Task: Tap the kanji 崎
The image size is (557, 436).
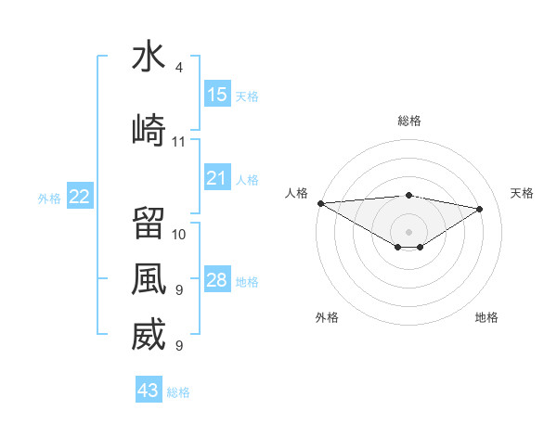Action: (x=149, y=130)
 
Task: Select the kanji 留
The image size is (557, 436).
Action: (x=149, y=223)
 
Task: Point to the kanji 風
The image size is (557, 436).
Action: (x=149, y=279)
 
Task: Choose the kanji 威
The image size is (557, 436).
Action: (x=149, y=335)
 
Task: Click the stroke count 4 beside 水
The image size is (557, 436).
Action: (x=178, y=68)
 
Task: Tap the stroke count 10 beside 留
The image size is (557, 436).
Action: (x=179, y=234)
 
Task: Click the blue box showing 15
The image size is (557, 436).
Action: (x=217, y=95)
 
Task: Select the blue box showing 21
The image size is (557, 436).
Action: (x=217, y=178)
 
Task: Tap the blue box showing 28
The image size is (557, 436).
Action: (x=217, y=280)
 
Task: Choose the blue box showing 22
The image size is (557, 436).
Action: (x=80, y=197)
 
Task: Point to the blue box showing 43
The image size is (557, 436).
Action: (x=149, y=391)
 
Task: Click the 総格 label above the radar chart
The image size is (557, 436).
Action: (x=408, y=122)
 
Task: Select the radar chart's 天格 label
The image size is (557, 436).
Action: (x=523, y=193)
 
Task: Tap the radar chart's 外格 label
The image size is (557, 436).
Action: (x=327, y=317)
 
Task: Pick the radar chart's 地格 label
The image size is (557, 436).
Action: (x=486, y=317)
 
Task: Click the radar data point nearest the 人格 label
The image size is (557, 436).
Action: (x=320, y=202)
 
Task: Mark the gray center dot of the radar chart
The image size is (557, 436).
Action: (x=408, y=230)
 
